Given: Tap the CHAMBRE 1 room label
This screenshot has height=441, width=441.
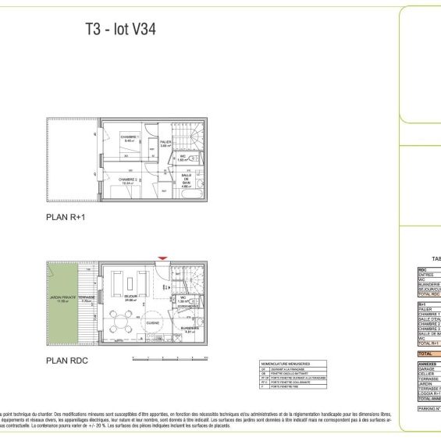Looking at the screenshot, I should point(129,137).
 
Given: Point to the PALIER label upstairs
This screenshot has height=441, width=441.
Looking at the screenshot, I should point(165,143).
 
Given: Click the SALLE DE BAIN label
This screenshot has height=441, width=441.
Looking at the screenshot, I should point(187,180).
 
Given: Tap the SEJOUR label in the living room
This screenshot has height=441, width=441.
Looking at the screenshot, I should point(130,297).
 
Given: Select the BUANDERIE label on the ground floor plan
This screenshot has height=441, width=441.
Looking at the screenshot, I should point(189,329).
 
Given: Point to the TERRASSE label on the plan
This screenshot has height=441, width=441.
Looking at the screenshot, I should point(87,297).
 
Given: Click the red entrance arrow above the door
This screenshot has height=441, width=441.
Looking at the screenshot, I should point(162,258).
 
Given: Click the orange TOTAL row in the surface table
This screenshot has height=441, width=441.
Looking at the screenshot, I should point(429,354).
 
